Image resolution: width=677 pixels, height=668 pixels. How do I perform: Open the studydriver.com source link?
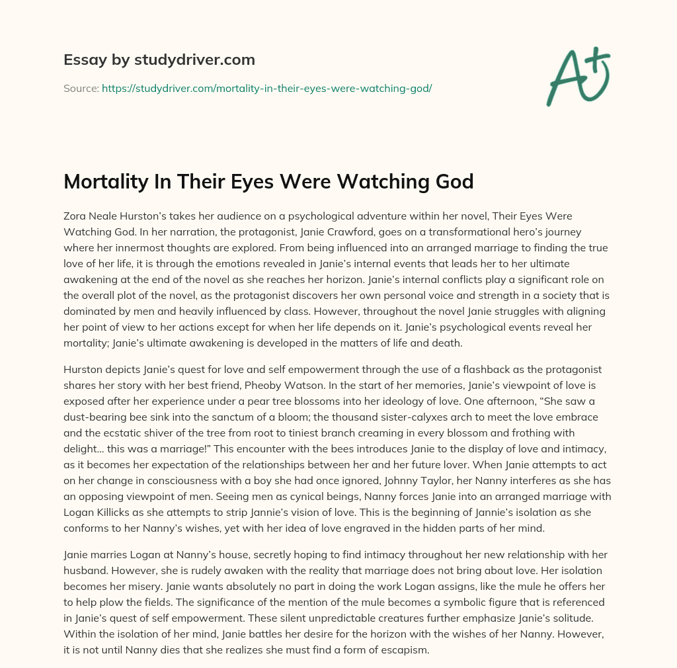pyautogui.click(x=266, y=87)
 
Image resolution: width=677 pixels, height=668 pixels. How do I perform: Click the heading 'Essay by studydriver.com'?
pyautogui.click(x=159, y=60)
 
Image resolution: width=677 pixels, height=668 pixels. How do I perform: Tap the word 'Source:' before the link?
pyautogui.click(x=81, y=87)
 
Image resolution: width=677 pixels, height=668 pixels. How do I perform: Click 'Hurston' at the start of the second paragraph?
pyautogui.click(x=83, y=368)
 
